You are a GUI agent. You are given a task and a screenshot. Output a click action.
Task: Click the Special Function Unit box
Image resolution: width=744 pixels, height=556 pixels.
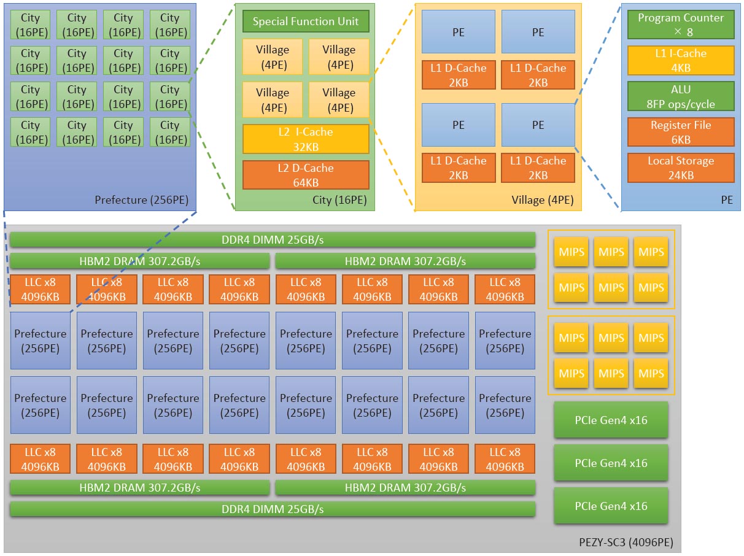click(305, 21)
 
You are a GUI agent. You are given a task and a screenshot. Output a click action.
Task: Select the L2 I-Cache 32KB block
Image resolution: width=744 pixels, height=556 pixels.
click(305, 139)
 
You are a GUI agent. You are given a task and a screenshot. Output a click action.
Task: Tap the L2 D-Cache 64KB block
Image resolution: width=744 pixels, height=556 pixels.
click(305, 175)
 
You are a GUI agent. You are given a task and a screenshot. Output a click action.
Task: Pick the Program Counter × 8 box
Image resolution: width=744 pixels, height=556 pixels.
click(680, 25)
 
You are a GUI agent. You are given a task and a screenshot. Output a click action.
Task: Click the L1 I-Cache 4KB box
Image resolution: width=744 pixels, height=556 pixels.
click(680, 60)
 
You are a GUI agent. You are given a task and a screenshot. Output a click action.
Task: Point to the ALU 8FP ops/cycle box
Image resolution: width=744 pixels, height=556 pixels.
click(680, 96)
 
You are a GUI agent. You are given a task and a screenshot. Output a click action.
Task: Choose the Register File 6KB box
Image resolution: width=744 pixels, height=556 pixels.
click(680, 132)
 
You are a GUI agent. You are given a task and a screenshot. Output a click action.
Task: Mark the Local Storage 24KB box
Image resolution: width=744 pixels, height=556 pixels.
click(680, 168)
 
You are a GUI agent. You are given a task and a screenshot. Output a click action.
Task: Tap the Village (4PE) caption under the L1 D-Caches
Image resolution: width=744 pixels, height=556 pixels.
click(542, 200)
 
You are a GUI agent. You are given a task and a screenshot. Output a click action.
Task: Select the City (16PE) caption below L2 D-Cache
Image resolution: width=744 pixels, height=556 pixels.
click(339, 200)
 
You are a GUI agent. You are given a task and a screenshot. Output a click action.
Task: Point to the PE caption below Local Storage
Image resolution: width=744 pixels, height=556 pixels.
click(727, 200)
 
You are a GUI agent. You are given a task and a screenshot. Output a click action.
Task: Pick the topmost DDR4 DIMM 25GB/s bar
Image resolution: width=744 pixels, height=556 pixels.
click(273, 239)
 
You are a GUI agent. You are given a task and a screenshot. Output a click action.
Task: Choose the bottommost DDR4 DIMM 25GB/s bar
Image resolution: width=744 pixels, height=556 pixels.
click(273, 509)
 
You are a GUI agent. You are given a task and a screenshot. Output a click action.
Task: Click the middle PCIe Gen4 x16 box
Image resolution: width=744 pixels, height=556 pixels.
click(611, 463)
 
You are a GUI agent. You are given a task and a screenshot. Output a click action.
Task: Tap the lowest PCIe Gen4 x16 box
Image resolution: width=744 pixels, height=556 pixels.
click(611, 506)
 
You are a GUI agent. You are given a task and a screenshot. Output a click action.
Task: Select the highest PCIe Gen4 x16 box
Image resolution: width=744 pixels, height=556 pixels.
click(611, 420)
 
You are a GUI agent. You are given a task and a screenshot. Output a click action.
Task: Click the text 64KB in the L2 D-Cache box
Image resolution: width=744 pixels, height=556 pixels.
click(305, 182)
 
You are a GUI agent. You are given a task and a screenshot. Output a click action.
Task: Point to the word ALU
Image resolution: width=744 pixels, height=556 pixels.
click(680, 90)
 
